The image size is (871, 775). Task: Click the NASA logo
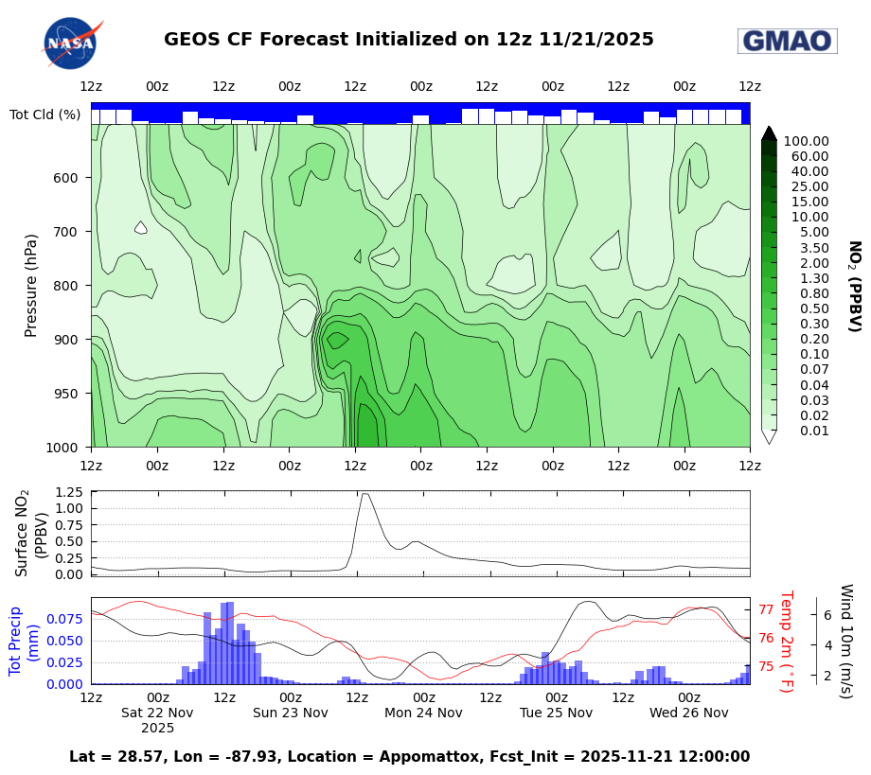(71, 43)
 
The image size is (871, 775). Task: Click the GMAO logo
(787, 41)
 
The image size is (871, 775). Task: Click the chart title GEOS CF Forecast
(408, 40)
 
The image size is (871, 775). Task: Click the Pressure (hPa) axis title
(31, 285)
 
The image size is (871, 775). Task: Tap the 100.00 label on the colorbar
(806, 141)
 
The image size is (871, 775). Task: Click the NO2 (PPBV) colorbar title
(853, 286)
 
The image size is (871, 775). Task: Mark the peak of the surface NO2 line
(364, 493)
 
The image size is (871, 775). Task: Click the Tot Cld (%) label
(44, 114)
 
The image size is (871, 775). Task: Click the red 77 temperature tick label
(766, 611)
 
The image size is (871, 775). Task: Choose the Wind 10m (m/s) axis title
(845, 641)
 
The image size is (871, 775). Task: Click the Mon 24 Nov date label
(423, 713)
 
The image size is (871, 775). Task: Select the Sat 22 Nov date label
(157, 713)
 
